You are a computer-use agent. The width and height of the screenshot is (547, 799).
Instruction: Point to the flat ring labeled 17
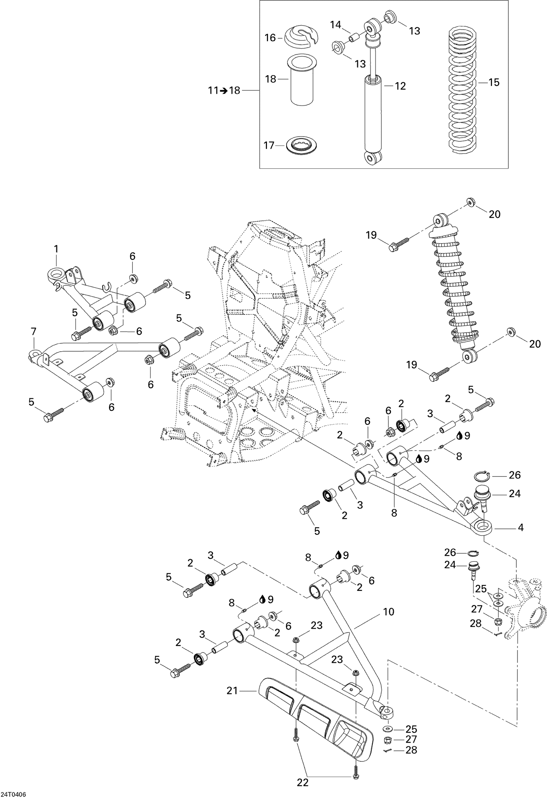coord(302,145)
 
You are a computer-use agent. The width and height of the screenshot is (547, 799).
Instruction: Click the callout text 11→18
coord(224,90)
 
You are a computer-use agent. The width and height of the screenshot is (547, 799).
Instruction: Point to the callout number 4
coord(520,527)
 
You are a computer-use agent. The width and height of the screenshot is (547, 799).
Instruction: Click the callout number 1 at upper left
coord(56,249)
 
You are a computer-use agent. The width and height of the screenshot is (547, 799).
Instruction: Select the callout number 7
coord(34,332)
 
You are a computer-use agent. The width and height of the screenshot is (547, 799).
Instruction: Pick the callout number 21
coord(232,691)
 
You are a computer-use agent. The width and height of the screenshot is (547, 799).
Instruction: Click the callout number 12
coord(400,86)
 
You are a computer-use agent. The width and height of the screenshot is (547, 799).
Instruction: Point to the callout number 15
coord(494,83)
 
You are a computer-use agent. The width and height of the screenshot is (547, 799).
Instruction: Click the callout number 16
coord(270,38)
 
